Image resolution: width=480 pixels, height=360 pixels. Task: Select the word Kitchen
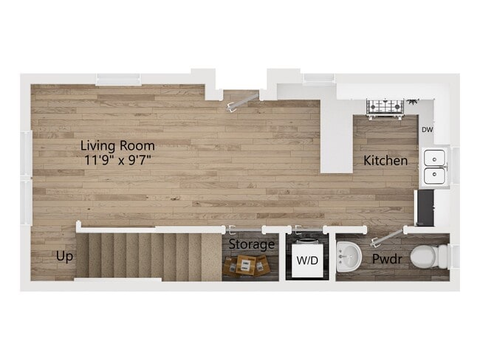[x=385, y=160]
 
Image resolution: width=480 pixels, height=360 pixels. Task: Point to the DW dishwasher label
[x=427, y=131]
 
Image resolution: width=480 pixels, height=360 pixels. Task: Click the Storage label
[x=251, y=244]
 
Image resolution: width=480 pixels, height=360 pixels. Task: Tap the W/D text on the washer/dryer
[x=305, y=260]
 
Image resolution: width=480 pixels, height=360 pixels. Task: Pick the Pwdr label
[x=386, y=260]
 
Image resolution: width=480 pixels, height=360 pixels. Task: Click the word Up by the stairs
[x=64, y=257]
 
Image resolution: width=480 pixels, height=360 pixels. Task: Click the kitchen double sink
[x=433, y=167]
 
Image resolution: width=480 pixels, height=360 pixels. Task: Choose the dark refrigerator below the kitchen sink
[x=424, y=208]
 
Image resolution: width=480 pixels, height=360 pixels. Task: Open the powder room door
[x=385, y=237]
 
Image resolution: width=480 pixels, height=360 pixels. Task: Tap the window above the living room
[x=119, y=80]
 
